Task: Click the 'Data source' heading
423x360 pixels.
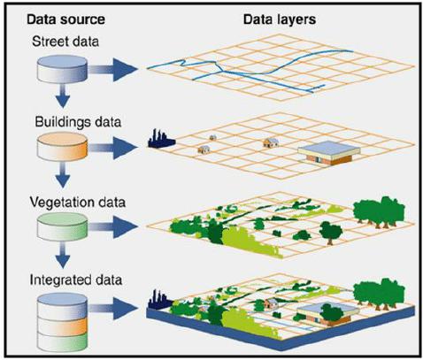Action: (65, 19)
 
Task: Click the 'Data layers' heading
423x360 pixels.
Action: (280, 19)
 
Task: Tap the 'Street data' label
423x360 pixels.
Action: (65, 42)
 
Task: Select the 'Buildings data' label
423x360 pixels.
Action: (78, 122)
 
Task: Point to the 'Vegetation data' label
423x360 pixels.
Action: (78, 203)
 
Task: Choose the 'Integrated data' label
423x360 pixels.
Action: (76, 280)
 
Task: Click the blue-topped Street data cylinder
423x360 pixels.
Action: (62, 69)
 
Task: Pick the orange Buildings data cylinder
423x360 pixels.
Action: (62, 146)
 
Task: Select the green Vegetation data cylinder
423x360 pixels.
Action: (62, 226)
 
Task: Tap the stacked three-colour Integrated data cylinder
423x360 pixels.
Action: (62, 321)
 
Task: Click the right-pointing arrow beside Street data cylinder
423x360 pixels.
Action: (113, 70)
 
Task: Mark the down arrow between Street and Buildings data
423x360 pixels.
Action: (63, 96)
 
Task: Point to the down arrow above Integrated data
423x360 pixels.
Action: (63, 255)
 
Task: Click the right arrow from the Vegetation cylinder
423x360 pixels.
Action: (113, 226)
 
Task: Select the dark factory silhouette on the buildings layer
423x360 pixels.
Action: (161, 139)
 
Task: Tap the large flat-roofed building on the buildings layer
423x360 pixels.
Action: (329, 152)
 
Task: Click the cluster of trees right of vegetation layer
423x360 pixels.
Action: (379, 211)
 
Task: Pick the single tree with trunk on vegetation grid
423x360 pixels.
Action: (331, 233)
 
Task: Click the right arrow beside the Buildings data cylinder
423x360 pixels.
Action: (113, 148)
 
